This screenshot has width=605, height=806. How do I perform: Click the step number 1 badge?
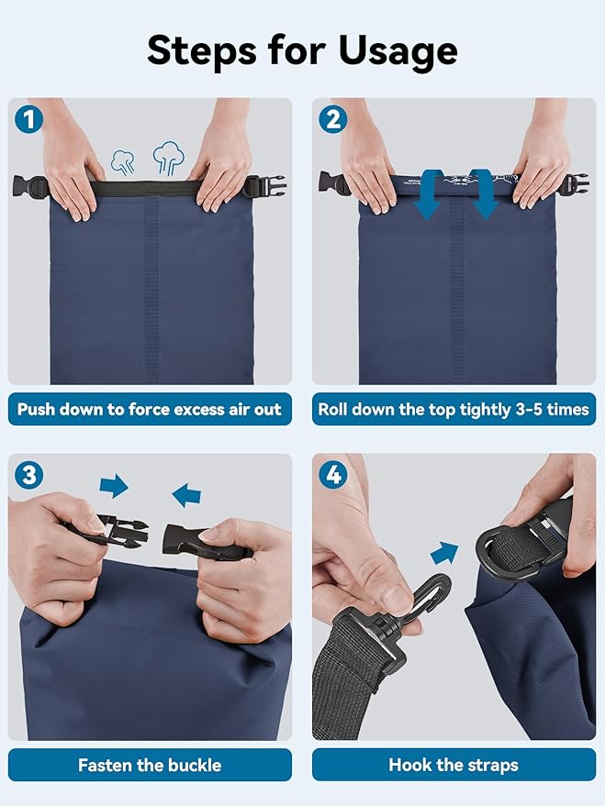click(28, 119)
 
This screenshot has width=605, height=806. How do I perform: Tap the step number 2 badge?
click(333, 119)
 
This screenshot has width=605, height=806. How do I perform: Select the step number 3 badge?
click(28, 474)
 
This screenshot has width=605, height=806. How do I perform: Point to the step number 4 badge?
click(333, 474)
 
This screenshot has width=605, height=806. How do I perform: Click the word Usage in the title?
click(398, 51)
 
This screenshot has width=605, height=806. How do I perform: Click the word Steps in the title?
click(201, 50)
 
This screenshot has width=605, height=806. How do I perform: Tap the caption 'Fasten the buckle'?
click(150, 765)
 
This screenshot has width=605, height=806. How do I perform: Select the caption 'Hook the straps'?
click(454, 765)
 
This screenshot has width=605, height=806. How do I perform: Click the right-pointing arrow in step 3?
click(114, 486)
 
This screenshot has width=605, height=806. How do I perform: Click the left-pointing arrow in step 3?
click(186, 494)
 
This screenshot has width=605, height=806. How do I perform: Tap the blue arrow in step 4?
click(444, 554)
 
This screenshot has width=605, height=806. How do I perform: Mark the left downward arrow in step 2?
click(428, 195)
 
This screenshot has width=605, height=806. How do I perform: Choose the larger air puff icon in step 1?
click(168, 158)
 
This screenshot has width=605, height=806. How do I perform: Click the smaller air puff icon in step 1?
click(123, 162)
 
